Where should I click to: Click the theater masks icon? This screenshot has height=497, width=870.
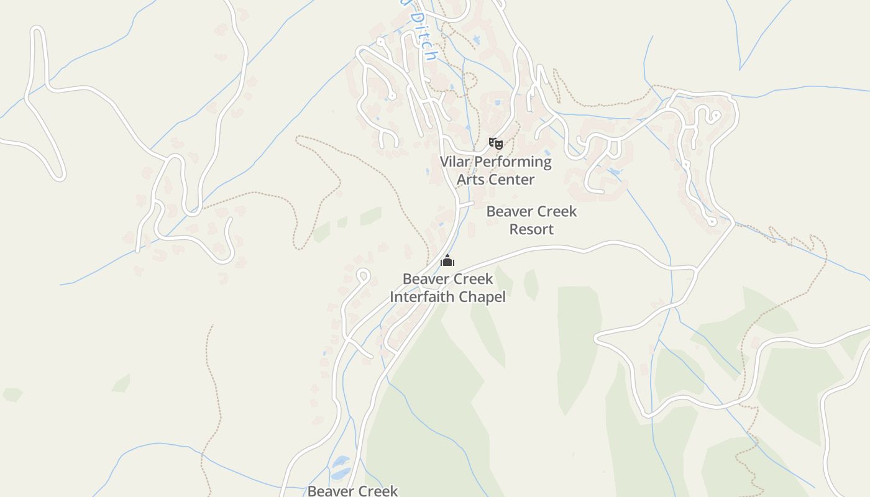(495, 144)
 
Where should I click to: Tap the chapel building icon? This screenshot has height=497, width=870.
(447, 260)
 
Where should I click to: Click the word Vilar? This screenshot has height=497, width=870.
(456, 162)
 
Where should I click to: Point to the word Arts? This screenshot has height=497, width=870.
(470, 180)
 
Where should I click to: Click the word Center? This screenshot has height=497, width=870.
(512, 180)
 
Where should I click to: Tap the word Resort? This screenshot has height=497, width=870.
(531, 229)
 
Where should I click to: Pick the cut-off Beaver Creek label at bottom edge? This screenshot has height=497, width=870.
(352, 491)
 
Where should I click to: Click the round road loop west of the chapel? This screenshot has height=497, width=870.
(363, 275)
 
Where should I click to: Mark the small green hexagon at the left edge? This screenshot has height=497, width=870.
(12, 394)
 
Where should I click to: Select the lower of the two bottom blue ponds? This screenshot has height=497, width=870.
(340, 474)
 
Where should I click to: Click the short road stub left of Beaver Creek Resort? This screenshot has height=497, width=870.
(466, 203)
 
